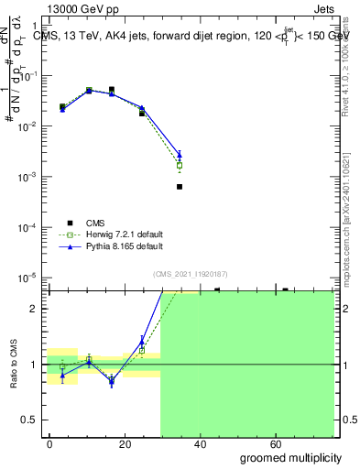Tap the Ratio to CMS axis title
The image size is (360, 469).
14,365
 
